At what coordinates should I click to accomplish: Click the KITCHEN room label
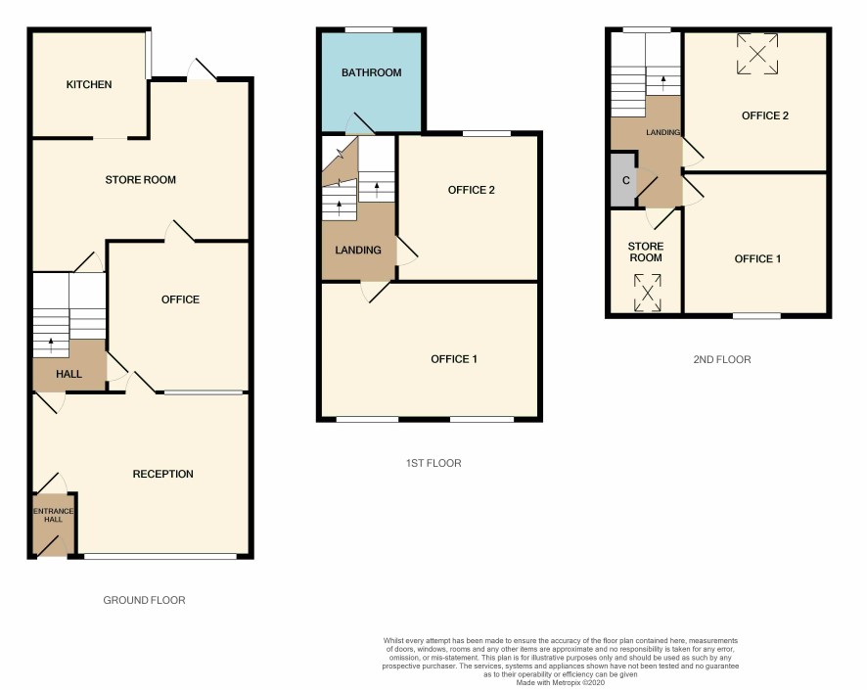click(89, 84)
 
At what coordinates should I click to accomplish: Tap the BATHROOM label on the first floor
click(371, 72)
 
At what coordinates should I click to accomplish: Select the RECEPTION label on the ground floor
click(163, 474)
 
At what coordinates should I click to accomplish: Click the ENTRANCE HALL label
click(54, 515)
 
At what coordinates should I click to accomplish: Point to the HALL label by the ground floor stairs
click(69, 374)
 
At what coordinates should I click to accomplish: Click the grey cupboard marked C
click(623, 180)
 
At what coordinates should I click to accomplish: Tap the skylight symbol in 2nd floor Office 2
click(757, 54)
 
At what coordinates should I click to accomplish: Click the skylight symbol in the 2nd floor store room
click(648, 293)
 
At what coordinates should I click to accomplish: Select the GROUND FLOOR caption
click(144, 600)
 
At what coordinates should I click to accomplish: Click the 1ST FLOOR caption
click(433, 463)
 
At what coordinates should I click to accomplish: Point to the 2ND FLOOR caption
click(722, 359)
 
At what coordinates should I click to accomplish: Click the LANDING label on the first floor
click(358, 250)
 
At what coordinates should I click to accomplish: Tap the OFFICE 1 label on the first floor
click(454, 359)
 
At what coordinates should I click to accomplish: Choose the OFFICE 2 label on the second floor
click(765, 115)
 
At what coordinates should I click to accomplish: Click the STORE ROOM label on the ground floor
click(141, 180)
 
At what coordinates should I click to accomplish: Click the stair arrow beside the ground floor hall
click(51, 345)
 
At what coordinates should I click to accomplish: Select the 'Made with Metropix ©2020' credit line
click(560, 683)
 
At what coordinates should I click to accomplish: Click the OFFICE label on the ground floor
click(180, 299)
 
